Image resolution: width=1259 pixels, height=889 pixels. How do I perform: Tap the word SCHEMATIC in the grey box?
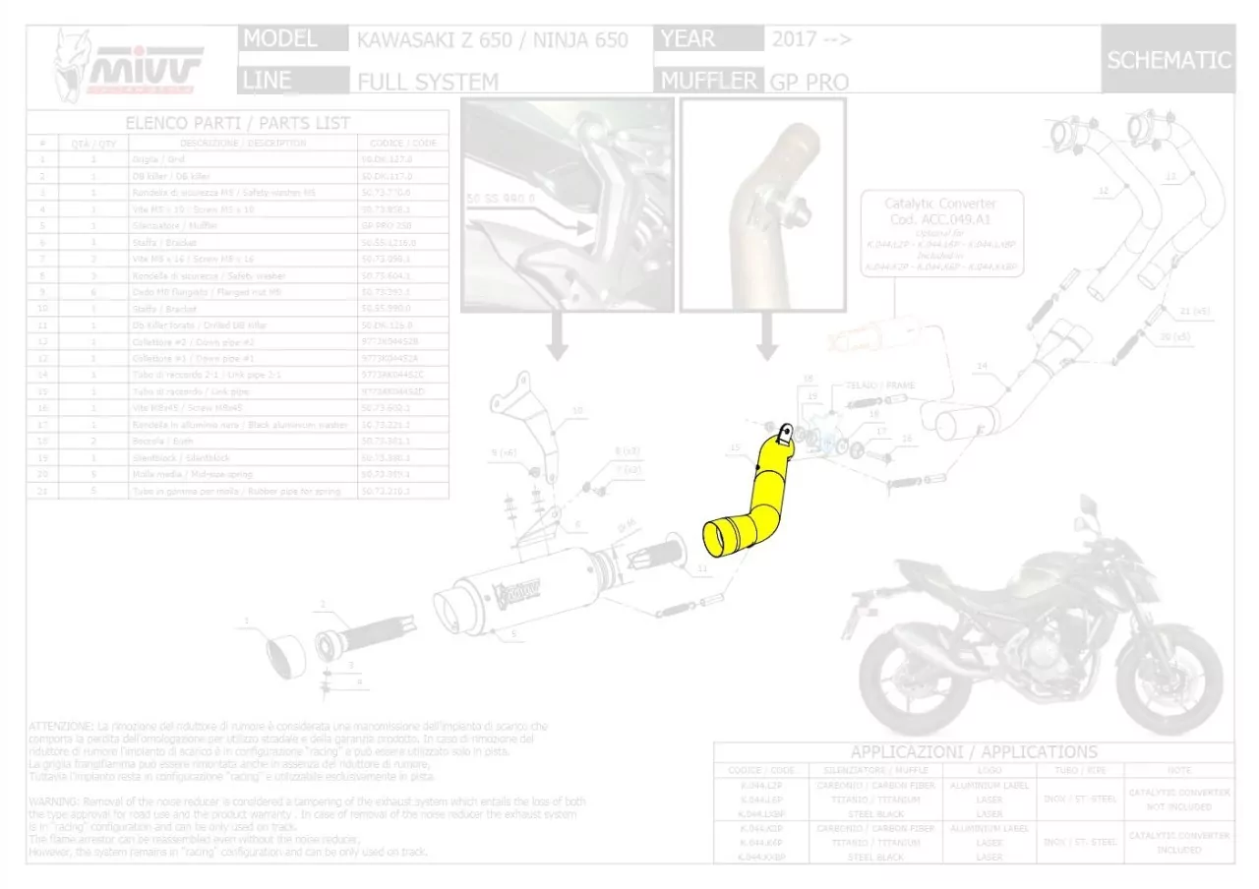pos(1169,60)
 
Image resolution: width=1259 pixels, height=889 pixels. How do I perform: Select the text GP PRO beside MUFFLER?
pos(809,82)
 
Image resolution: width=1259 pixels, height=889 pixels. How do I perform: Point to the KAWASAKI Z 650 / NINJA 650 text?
pos(491,40)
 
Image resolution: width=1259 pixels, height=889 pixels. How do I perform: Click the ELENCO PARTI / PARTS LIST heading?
pos(237,123)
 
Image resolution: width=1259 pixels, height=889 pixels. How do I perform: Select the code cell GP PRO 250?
pos(398,225)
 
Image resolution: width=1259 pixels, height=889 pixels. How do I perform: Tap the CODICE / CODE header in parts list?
pos(398,143)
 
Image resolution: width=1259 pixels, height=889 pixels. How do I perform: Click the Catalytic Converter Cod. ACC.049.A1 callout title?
pos(940,210)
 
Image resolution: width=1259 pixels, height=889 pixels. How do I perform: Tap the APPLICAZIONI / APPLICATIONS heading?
pos(974,752)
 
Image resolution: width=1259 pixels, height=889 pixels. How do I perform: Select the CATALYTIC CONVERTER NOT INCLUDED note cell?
pos(1178,799)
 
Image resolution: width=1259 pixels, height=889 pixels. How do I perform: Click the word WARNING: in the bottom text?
pos(55,802)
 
